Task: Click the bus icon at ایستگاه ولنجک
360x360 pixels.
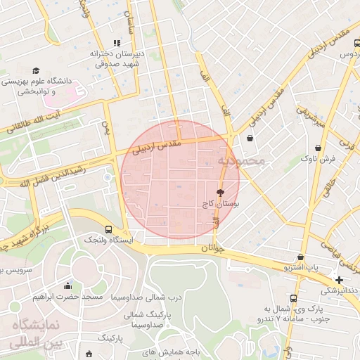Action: (108, 229)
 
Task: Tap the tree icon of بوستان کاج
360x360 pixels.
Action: (220, 191)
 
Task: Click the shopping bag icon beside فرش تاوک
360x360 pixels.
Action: (320, 148)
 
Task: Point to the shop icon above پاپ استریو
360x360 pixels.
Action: (301, 257)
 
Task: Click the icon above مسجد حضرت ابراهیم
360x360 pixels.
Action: (67, 286)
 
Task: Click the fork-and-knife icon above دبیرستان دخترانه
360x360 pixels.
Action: (117, 43)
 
